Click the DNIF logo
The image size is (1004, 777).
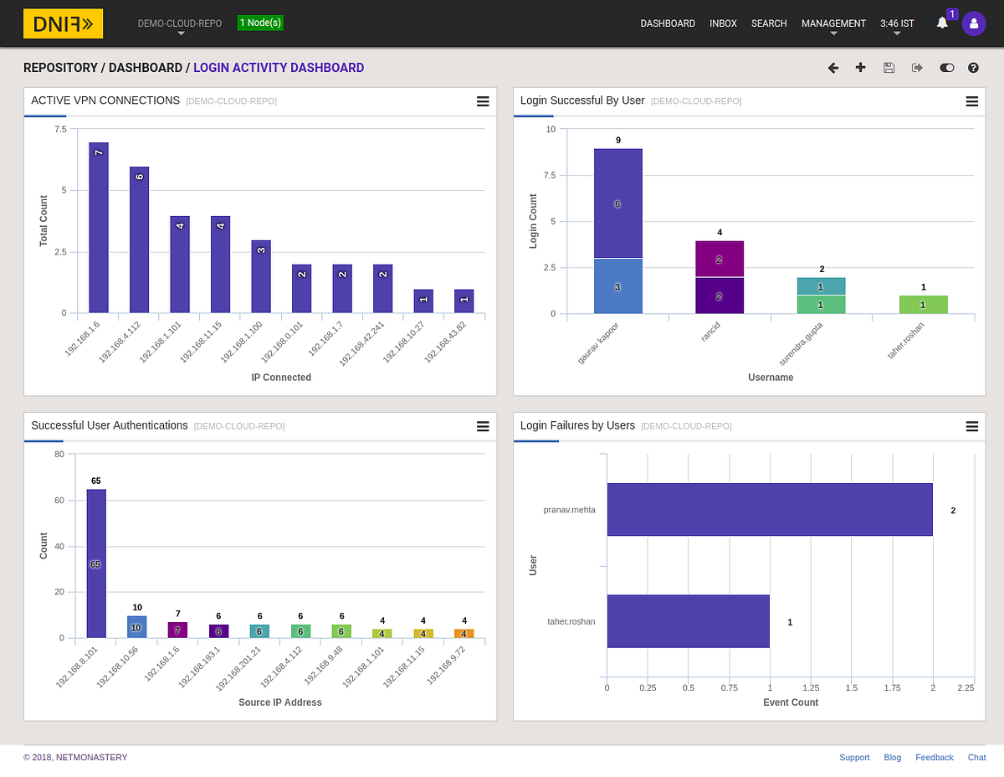(x=63, y=23)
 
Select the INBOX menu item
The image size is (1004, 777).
(x=723, y=23)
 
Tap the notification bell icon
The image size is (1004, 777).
(x=942, y=23)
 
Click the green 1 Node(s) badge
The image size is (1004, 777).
(x=260, y=23)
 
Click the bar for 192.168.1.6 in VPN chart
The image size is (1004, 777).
(x=99, y=228)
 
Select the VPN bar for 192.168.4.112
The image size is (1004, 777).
(x=139, y=239)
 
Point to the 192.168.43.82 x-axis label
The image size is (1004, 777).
(x=445, y=342)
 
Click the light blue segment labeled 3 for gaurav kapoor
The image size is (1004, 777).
(x=617, y=286)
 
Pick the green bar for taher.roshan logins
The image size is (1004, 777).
(x=923, y=305)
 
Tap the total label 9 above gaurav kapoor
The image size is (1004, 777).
(x=618, y=140)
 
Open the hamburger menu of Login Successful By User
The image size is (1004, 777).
(x=971, y=101)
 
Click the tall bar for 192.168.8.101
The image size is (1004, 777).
(x=96, y=563)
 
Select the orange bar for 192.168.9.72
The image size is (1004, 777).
(x=464, y=633)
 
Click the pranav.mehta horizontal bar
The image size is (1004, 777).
(x=770, y=509)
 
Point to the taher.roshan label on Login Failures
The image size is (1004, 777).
(x=571, y=621)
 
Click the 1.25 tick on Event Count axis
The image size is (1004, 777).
(x=811, y=687)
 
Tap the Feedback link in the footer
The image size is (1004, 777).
(x=935, y=757)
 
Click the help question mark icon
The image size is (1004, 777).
(x=973, y=68)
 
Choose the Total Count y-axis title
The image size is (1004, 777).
(x=44, y=220)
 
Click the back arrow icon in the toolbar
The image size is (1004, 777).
(x=833, y=68)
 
